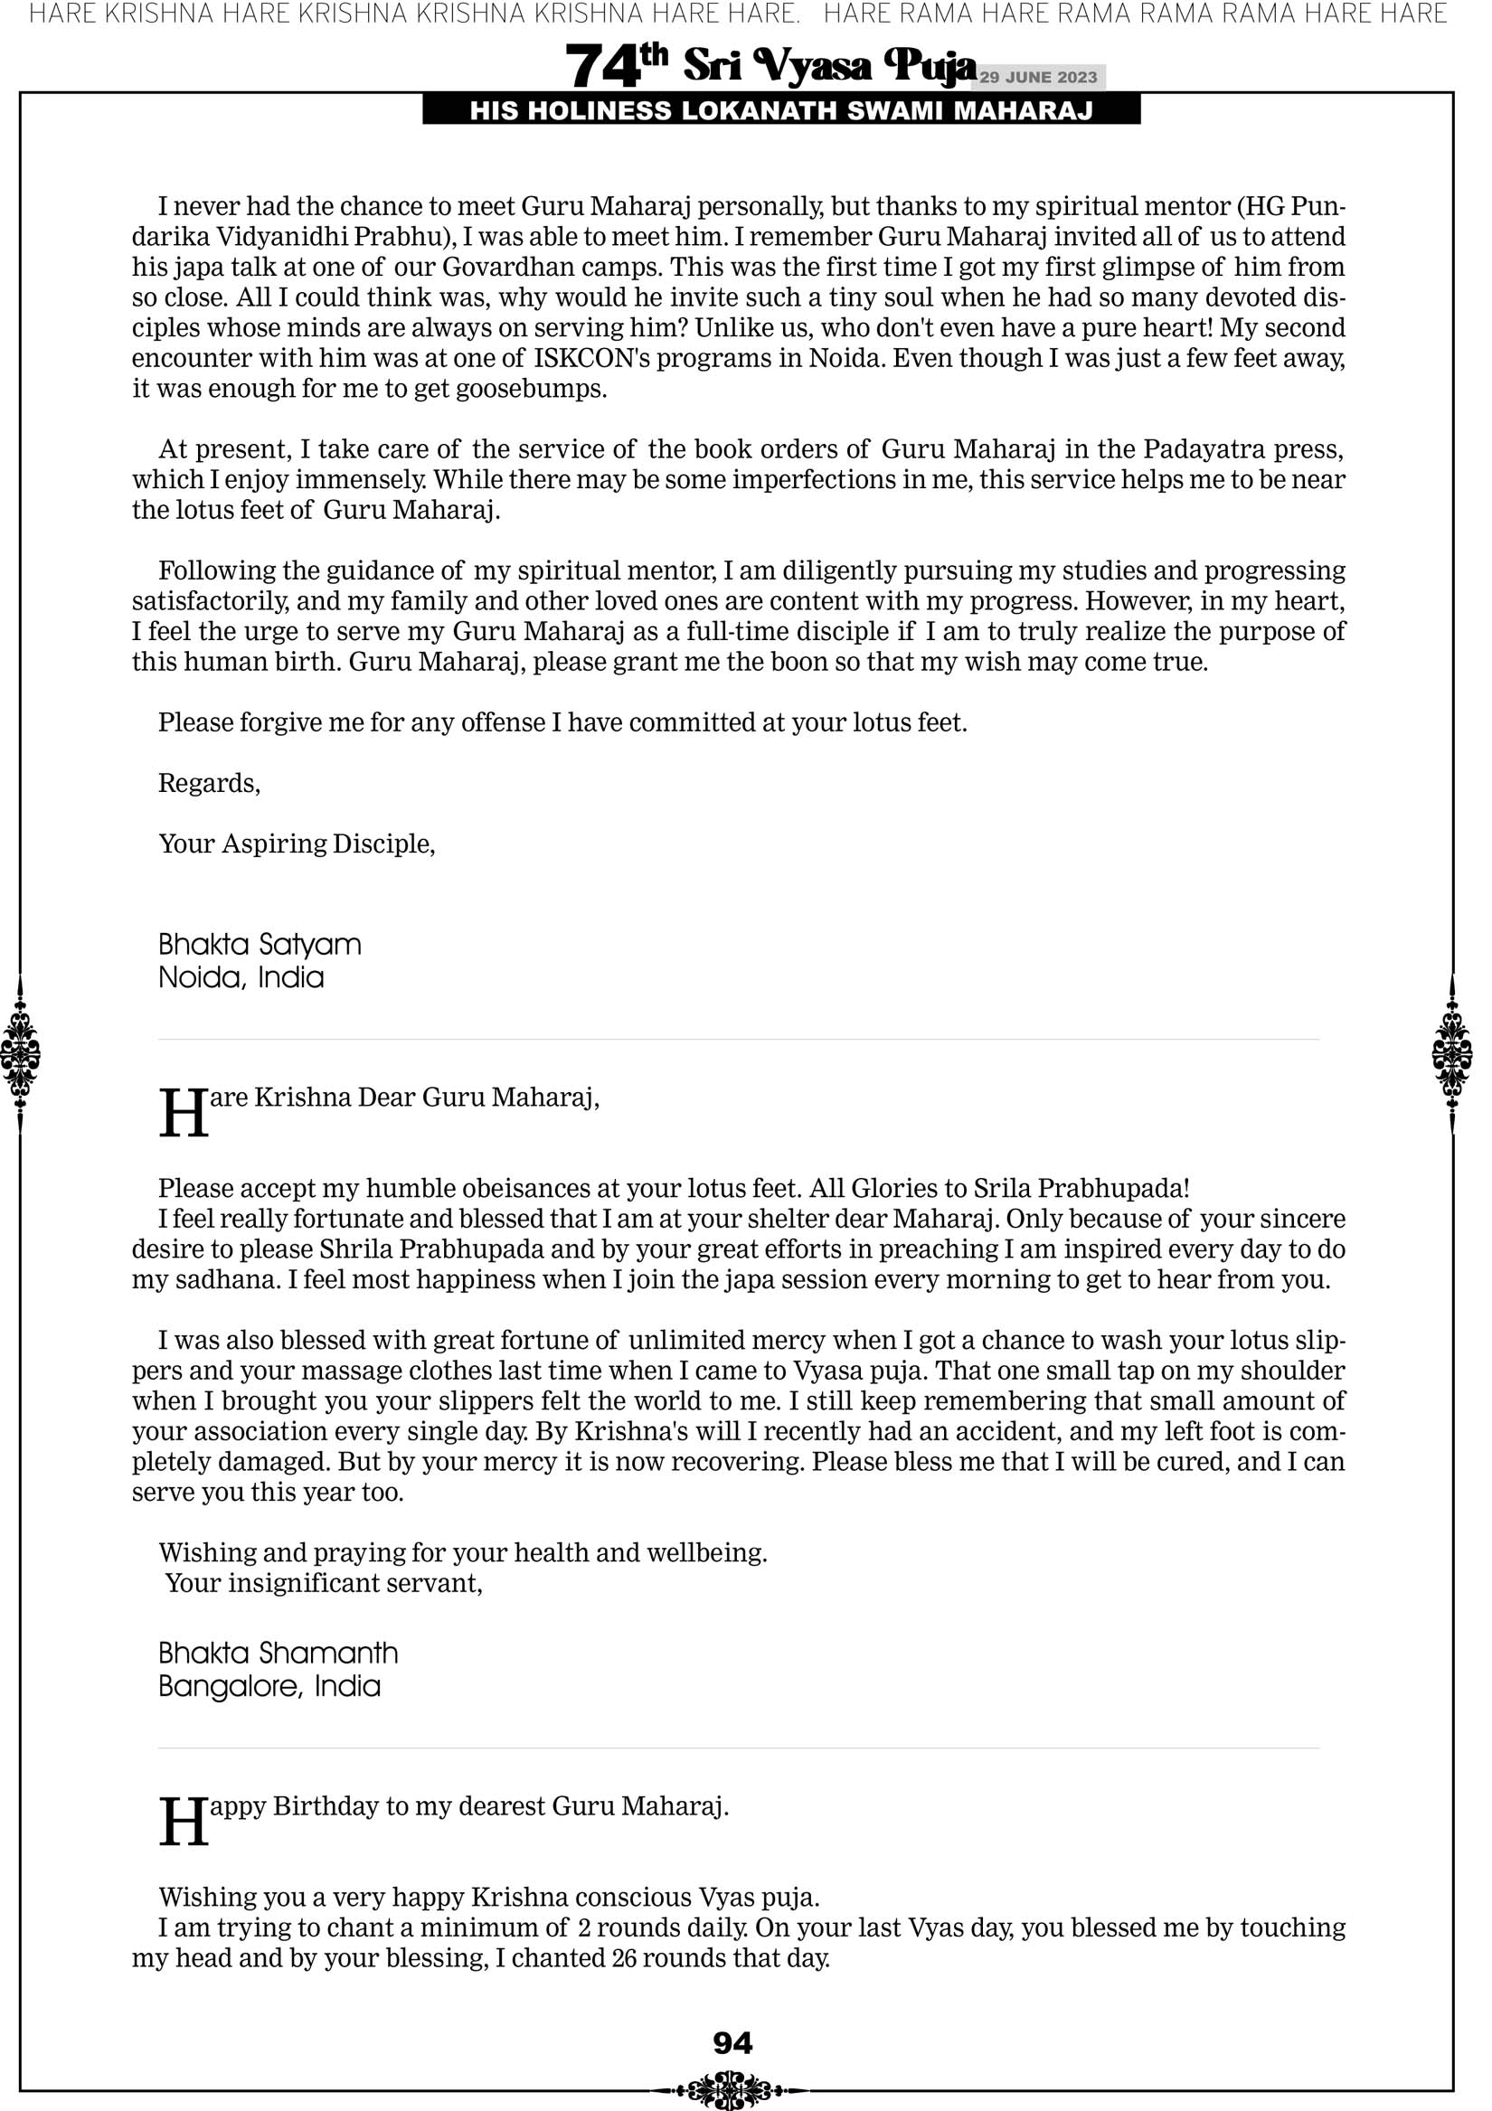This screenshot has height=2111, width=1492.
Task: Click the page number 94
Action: [732, 2043]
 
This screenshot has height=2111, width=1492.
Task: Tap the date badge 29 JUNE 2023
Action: [1037, 77]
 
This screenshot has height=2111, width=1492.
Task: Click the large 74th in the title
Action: [615, 65]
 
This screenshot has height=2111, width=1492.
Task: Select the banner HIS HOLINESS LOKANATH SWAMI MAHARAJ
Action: [781, 111]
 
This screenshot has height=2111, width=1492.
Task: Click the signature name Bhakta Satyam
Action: [260, 944]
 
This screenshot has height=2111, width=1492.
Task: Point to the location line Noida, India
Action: [241, 977]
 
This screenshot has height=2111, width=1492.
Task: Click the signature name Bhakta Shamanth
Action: [278, 1654]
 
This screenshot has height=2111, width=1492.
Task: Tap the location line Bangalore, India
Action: [269, 1686]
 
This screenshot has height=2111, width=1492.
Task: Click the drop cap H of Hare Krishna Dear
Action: [183, 1114]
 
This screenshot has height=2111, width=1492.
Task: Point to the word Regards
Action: [209, 783]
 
